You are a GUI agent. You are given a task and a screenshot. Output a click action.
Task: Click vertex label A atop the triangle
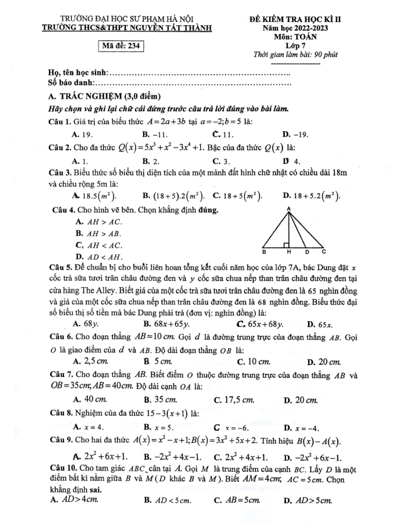pyautogui.click(x=289, y=209)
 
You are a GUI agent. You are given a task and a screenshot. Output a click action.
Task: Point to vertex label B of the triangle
pyautogui.click(x=264, y=251)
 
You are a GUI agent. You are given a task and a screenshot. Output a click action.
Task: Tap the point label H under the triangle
pyautogui.click(x=289, y=251)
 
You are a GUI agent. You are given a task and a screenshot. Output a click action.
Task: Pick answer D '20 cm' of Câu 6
pyautogui.click(x=329, y=362)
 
